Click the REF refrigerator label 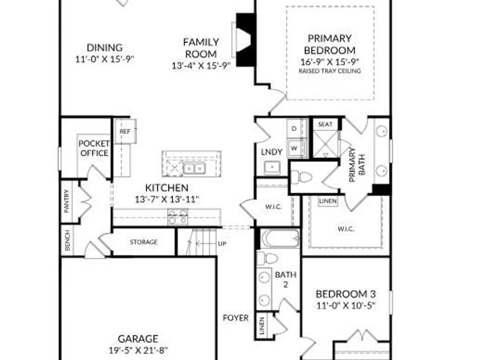[125, 132]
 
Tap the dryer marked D [294, 129]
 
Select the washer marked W [294, 148]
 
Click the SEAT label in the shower [325, 124]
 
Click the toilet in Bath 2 [267, 258]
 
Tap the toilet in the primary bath [301, 177]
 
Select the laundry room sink [272, 167]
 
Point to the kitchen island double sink [194, 168]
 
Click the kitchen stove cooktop [178, 217]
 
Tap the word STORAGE [144, 242]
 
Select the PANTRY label [67, 201]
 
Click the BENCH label [67, 240]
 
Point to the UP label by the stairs [222, 243]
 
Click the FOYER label [236, 318]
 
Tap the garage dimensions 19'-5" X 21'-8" [138, 350]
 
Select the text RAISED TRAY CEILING [330, 71]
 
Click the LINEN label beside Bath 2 [262, 326]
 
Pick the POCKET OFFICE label [94, 148]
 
